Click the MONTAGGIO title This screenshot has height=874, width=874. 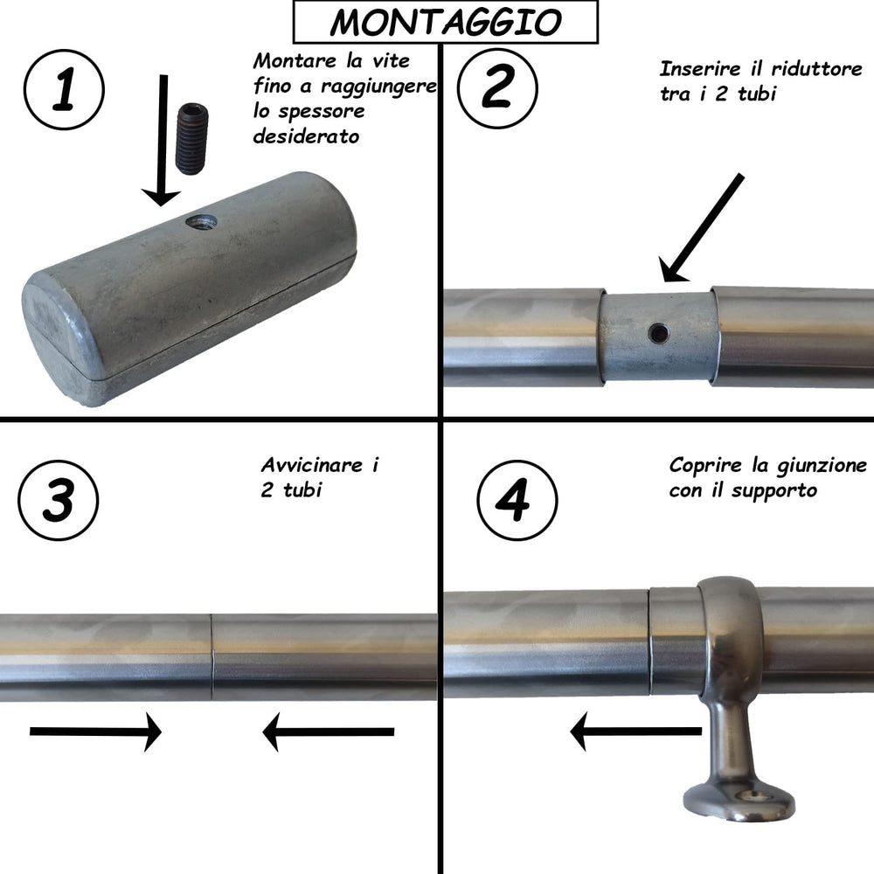pyautogui.click(x=446, y=22)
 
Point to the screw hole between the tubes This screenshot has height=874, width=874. pyautogui.click(x=657, y=332)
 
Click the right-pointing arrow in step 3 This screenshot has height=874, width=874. pyautogui.click(x=96, y=732)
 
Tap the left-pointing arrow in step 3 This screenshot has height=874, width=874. pyautogui.click(x=328, y=732)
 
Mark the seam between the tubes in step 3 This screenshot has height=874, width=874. pyautogui.click(x=212, y=657)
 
